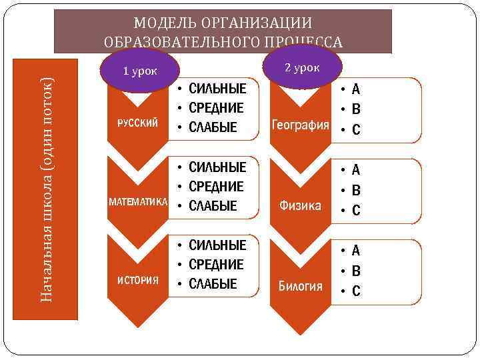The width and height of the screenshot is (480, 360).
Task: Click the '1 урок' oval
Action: [x=139, y=71]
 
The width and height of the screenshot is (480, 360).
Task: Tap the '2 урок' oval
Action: [x=302, y=67]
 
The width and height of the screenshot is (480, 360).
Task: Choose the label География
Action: [x=300, y=125]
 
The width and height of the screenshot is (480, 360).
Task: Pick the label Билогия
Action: [x=301, y=287]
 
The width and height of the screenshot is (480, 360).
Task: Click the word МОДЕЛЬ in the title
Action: [x=161, y=23]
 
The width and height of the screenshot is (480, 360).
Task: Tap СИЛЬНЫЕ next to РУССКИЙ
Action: [x=217, y=89]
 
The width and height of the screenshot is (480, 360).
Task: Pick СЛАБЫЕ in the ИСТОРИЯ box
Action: [x=213, y=284]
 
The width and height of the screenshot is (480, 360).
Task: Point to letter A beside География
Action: [x=356, y=89]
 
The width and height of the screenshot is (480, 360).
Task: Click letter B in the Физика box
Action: [x=356, y=190]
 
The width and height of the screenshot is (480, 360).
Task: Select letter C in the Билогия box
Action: [x=356, y=291]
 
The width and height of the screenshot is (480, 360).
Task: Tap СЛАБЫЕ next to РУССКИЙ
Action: [x=213, y=127]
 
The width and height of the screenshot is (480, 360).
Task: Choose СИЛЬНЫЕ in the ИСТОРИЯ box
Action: [x=217, y=245]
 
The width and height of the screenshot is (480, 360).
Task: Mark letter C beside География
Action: [x=356, y=129]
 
